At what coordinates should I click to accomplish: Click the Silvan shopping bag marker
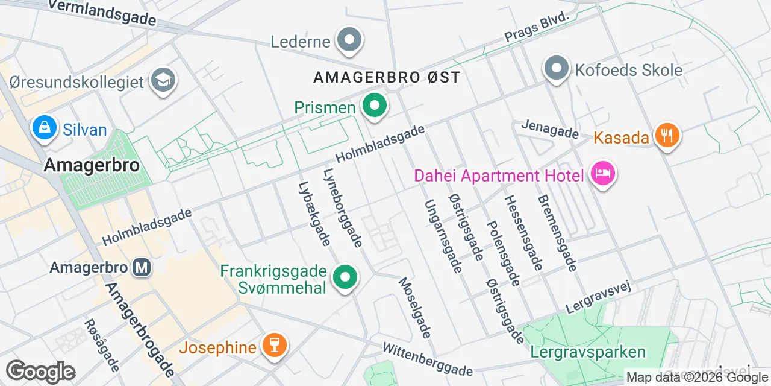click(45, 128)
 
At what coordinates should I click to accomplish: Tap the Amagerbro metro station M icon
click(142, 267)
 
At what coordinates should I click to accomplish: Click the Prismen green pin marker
click(375, 106)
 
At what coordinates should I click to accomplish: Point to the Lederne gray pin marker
click(349, 40)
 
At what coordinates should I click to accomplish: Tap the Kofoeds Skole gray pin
click(556, 68)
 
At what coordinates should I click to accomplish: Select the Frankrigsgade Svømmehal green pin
click(345, 277)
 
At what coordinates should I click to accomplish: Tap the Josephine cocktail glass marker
click(275, 346)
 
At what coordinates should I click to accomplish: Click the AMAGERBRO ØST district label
click(387, 78)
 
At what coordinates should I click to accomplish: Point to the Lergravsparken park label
click(588, 352)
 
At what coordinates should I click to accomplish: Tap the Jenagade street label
click(550, 128)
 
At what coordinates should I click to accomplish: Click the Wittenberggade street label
click(428, 359)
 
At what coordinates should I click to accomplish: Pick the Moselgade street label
click(415, 308)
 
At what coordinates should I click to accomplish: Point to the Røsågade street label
click(102, 346)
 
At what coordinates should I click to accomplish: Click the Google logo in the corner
click(40, 372)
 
